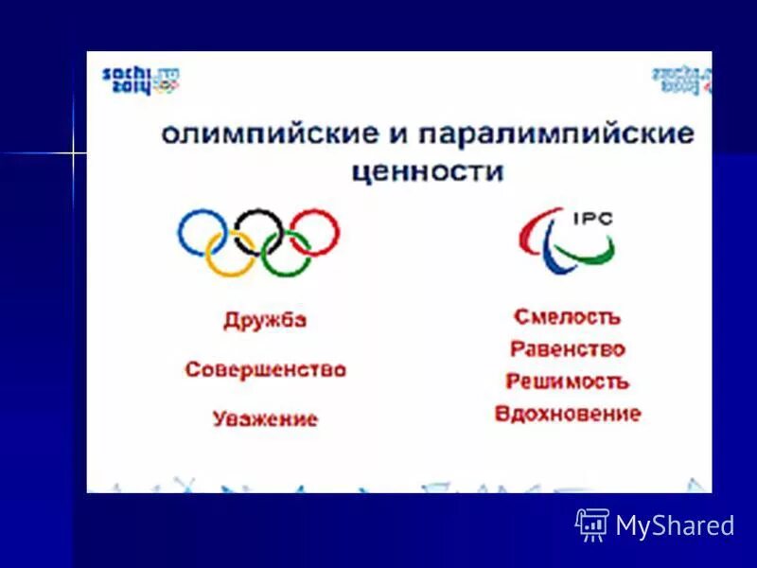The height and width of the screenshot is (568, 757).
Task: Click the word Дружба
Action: pos(265,320)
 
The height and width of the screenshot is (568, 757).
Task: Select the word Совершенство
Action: pos(265,369)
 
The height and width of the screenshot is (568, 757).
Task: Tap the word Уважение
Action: pos(265,418)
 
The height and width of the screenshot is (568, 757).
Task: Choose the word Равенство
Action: pos(567,349)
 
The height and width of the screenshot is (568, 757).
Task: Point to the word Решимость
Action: pos(567,382)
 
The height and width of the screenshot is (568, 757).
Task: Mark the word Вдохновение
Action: pos(567,414)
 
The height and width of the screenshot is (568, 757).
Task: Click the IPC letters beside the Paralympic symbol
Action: pos(593,219)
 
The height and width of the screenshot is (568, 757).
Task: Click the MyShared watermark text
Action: pos(675,526)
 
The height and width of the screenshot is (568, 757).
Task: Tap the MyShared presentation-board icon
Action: pos(592,524)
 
